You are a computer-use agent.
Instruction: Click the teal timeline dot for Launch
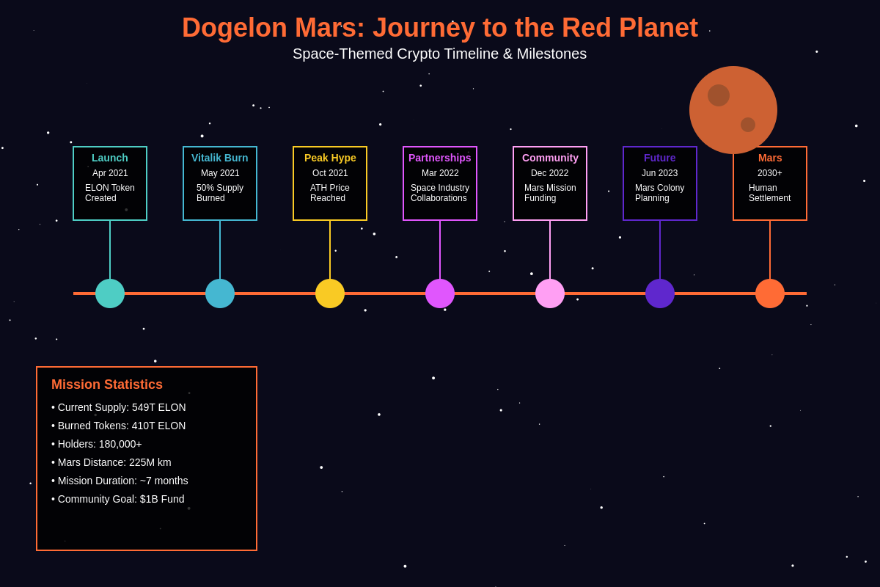[110, 293]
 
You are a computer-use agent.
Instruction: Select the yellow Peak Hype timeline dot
[330, 293]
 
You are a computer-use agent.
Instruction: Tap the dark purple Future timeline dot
[660, 293]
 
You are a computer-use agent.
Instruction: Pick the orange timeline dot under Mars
[770, 293]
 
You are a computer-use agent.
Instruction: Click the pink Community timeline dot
[550, 293]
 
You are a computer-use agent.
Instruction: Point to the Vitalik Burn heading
[220, 158]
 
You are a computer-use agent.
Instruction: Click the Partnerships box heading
[440, 158]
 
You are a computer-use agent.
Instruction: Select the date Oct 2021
[330, 173]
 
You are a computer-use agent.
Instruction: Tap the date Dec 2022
[550, 173]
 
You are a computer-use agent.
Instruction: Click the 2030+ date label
[770, 173]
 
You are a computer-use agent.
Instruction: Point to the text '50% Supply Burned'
[220, 193]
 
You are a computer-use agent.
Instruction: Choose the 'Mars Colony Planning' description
[660, 193]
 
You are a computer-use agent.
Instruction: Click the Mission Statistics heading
[107, 384]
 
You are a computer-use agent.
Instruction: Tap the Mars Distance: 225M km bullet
[114, 462]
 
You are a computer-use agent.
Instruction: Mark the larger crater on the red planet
[719, 95]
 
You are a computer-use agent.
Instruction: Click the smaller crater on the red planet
[748, 125]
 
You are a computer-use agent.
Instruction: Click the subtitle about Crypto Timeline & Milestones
[440, 54]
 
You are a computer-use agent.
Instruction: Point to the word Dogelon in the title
[235, 28]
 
